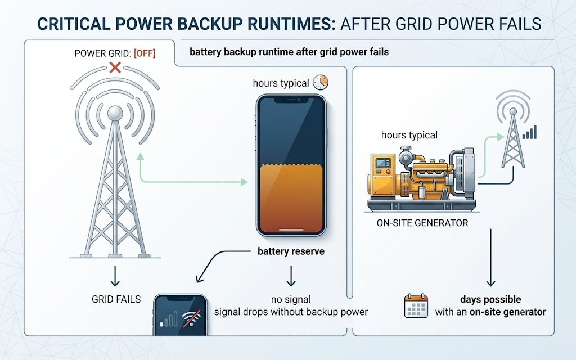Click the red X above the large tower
coord(115,67)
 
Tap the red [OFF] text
coord(145,53)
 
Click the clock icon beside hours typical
coord(321,82)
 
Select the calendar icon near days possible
coord(416,305)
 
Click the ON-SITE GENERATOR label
coord(422,223)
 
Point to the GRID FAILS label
coord(116,299)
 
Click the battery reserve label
coord(291,251)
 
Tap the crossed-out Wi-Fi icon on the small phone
coord(192,318)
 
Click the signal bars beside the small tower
coord(529,132)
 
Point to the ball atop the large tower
coord(115,112)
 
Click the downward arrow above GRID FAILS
coord(115,276)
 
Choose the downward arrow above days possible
coord(490,258)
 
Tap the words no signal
coord(291,299)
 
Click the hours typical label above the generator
coord(409,135)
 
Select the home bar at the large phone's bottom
coord(291,230)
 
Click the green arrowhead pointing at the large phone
coord(244,182)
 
